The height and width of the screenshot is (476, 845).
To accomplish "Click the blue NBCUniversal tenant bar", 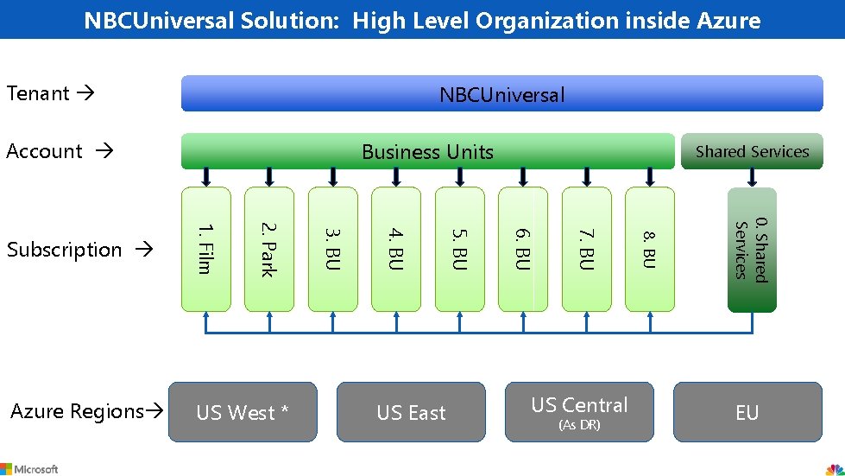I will (x=501, y=93).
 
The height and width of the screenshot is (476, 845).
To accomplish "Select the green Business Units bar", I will (x=426, y=151).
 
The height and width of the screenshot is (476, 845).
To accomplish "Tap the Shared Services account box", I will (x=752, y=151).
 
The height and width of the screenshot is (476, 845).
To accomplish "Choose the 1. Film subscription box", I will (x=205, y=249).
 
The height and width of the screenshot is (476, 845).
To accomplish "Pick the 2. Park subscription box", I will (x=269, y=249).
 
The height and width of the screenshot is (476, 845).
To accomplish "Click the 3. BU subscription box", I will (x=332, y=249).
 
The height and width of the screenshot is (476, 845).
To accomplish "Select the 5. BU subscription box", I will (x=460, y=249).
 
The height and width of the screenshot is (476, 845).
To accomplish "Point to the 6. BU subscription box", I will (x=523, y=249).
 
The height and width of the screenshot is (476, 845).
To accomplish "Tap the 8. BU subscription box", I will (x=650, y=249).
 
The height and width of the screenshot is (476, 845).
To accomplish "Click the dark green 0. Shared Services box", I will (x=752, y=250).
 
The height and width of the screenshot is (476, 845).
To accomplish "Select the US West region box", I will (x=242, y=412).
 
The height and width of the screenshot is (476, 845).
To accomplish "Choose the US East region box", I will (x=411, y=412).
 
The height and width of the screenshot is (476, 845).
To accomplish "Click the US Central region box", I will (x=579, y=412).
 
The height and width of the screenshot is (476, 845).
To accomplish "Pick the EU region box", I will (x=747, y=412).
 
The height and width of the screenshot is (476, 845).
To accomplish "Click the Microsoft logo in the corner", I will (x=29, y=468).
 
